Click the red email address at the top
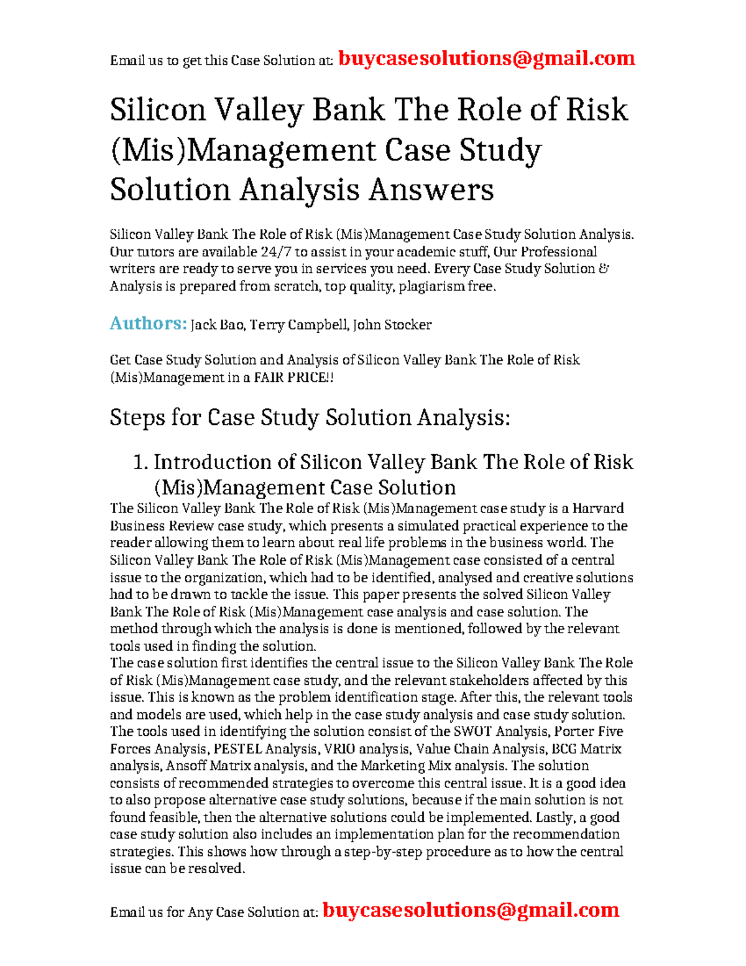pyautogui.click(x=486, y=58)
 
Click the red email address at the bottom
pyautogui.click(x=471, y=910)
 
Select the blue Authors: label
pyautogui.click(x=148, y=323)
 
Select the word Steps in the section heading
pyautogui.click(x=137, y=417)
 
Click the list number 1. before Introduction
pyautogui.click(x=140, y=462)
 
